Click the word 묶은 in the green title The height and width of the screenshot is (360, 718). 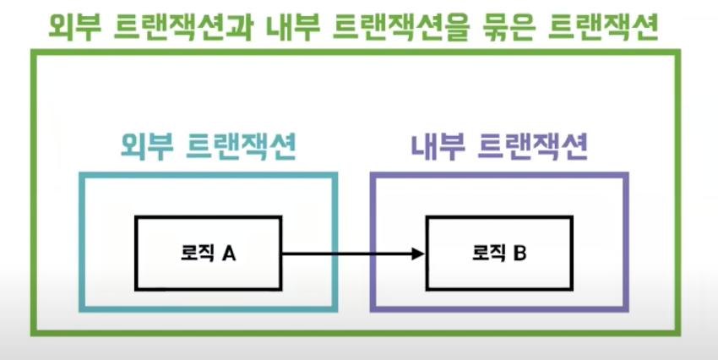(516, 28)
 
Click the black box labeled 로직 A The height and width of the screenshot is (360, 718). (208, 253)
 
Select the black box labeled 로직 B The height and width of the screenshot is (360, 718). (498, 253)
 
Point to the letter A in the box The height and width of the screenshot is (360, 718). (228, 253)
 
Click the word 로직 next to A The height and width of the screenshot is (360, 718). (199, 253)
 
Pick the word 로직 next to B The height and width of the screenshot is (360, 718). (490, 253)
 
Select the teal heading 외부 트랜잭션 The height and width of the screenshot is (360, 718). (207, 149)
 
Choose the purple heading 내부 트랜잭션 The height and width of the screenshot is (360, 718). (498, 149)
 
